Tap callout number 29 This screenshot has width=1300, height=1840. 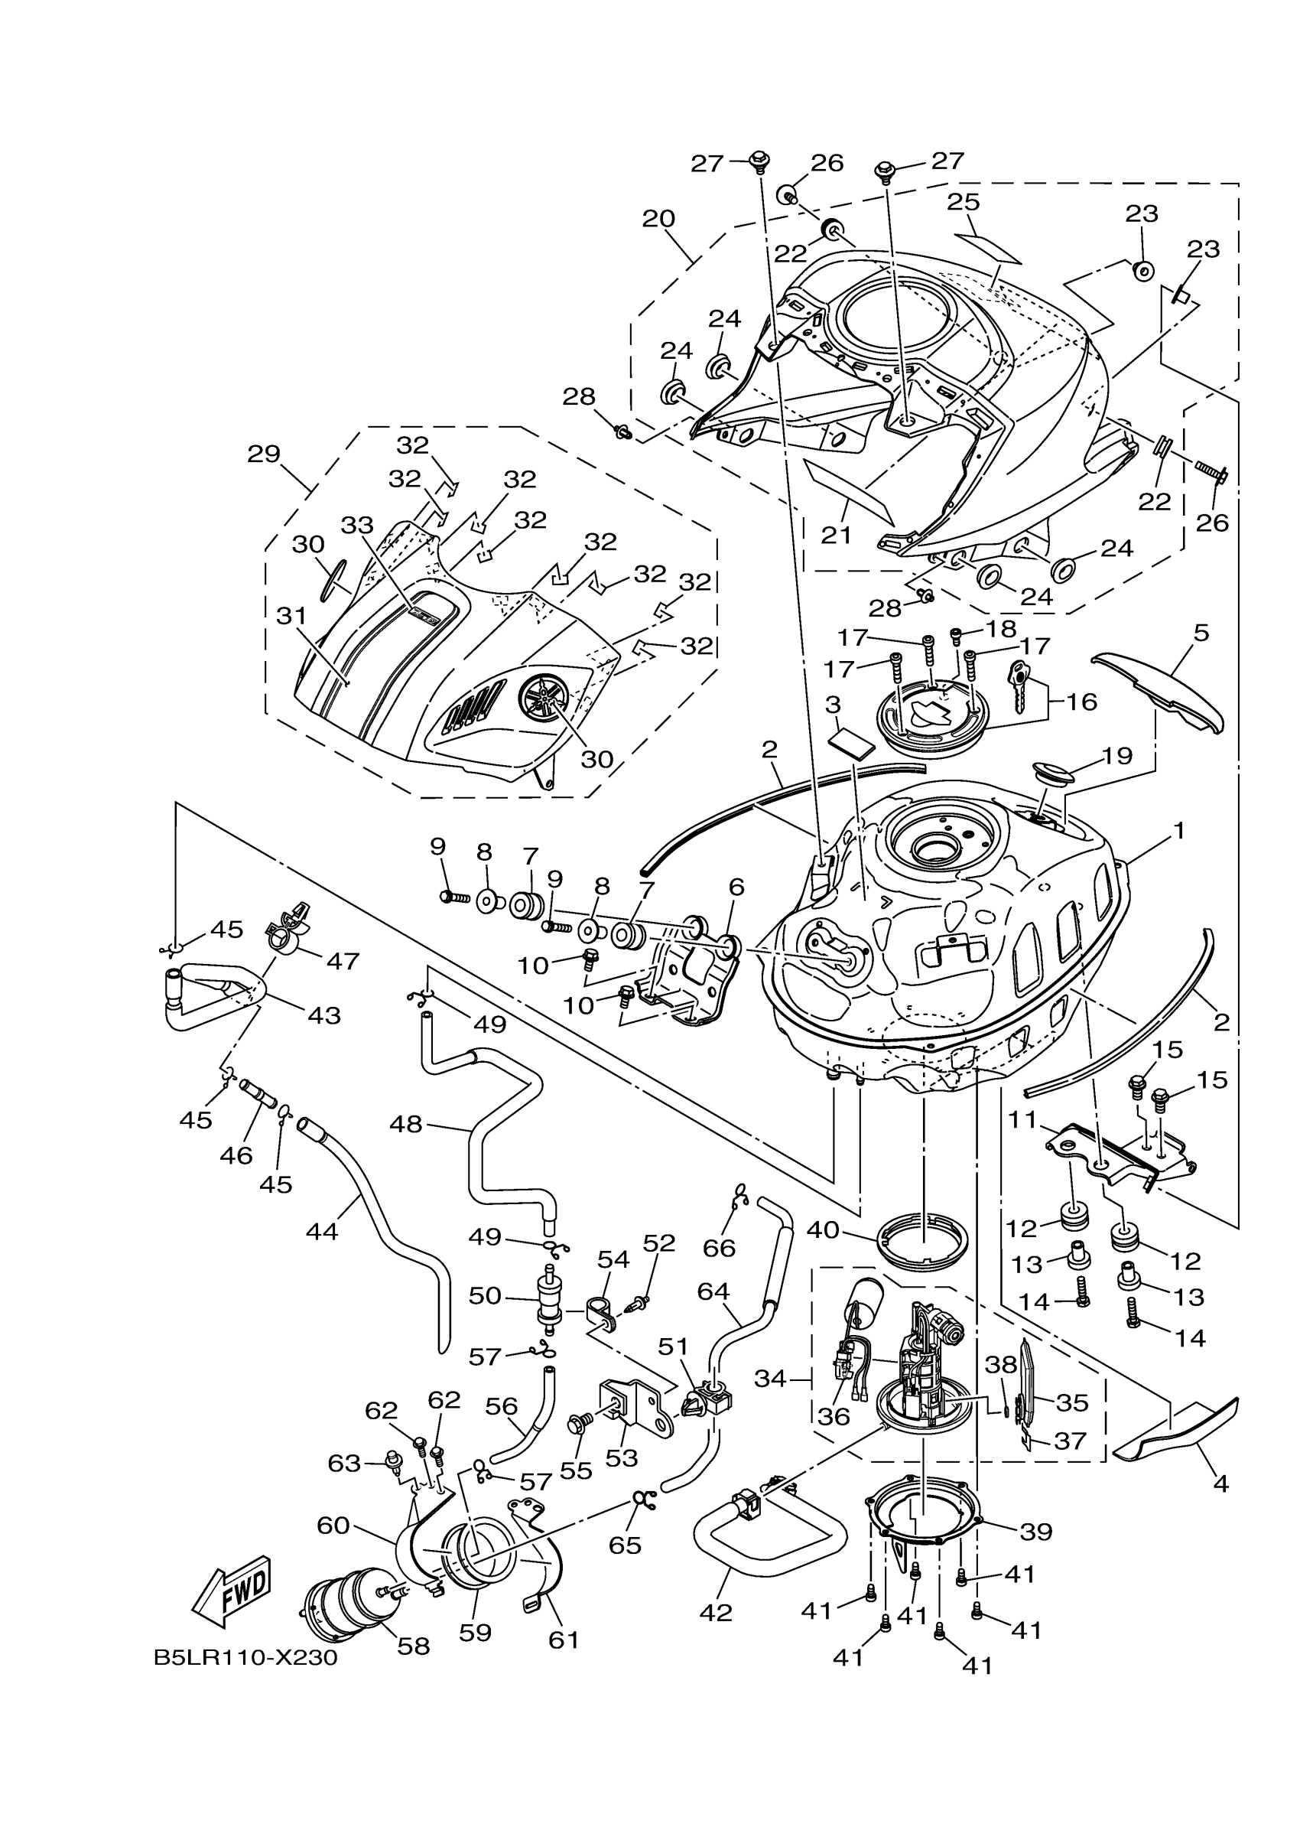coord(264,454)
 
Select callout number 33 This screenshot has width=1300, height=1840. coord(357,525)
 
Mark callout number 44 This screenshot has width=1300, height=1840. coord(322,1231)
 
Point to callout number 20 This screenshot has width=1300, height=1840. coord(658,218)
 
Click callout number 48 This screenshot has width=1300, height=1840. coord(405,1124)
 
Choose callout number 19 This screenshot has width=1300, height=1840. coord(1117,755)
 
